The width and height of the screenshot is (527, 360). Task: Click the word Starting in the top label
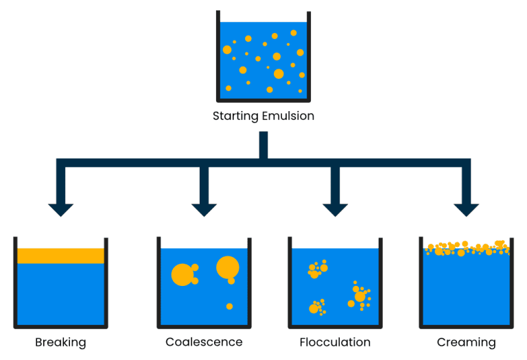235,116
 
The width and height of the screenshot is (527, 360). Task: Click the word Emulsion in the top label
288,116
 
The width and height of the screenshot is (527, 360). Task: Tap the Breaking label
60,342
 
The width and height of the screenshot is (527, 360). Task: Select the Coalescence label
204,342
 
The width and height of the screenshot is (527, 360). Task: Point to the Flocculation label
335,342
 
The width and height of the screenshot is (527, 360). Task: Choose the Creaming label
466,342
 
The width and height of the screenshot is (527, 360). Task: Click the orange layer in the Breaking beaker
60,256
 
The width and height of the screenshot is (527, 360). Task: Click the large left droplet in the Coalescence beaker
183,274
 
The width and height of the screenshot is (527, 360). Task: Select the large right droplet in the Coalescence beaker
227,267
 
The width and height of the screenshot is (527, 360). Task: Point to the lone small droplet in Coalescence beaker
229,306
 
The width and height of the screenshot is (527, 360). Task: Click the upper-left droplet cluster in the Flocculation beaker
316,269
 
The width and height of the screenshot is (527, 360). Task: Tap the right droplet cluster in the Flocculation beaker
360,296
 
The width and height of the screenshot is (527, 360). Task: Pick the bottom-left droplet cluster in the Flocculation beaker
316,307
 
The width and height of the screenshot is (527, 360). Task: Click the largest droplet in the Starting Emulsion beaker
279,73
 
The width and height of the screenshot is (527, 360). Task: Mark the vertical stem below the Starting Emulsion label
263,145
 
